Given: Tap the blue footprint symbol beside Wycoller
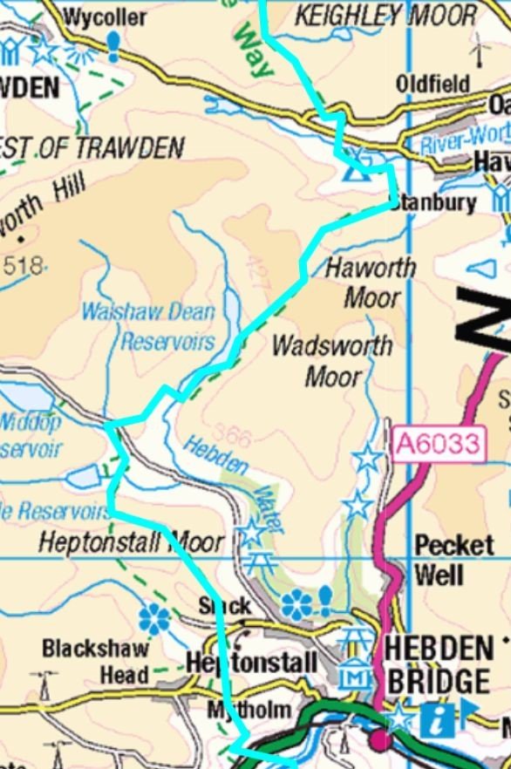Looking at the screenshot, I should click(x=114, y=45).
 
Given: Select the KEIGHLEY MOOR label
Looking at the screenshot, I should click(x=386, y=15).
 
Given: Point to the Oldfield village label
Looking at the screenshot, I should click(x=433, y=84).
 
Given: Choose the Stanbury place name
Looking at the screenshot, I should click(x=433, y=203).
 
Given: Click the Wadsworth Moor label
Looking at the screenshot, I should click(x=331, y=360).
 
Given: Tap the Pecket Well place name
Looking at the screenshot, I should click(x=452, y=560).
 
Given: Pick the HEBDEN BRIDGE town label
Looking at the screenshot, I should click(x=438, y=664).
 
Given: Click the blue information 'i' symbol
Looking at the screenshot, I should click(x=433, y=720).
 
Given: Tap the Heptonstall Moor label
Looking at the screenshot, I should click(x=131, y=542).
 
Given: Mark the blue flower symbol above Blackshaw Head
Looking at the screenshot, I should click(x=154, y=620).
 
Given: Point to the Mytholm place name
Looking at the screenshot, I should click(x=249, y=711).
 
